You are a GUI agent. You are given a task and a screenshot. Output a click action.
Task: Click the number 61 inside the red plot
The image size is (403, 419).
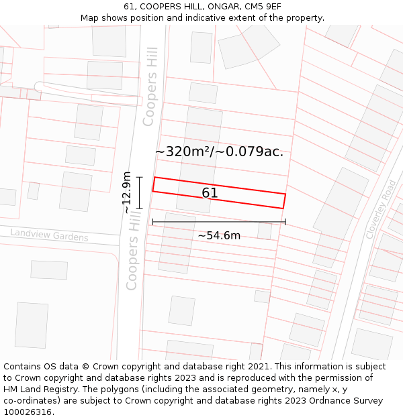point(210,193)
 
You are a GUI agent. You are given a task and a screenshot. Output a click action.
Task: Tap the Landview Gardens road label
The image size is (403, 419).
point(49,235)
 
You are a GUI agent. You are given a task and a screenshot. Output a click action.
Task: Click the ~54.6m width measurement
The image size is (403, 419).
point(219,235)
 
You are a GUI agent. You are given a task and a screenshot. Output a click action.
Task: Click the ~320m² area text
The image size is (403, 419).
point(184,152)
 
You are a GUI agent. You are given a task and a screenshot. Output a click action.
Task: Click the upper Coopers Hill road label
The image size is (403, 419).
point(150,86)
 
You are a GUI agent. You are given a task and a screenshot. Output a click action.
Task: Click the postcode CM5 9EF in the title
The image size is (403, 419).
point(260,7)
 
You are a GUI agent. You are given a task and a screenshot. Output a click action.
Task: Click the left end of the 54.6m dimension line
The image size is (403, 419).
point(153,222)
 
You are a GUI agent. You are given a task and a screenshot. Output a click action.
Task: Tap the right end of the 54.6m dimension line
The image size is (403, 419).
point(285,222)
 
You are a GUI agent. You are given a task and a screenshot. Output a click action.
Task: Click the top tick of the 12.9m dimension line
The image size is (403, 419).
point(140,177)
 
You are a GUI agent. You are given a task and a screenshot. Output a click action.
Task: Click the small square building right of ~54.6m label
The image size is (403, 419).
point(265,231)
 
